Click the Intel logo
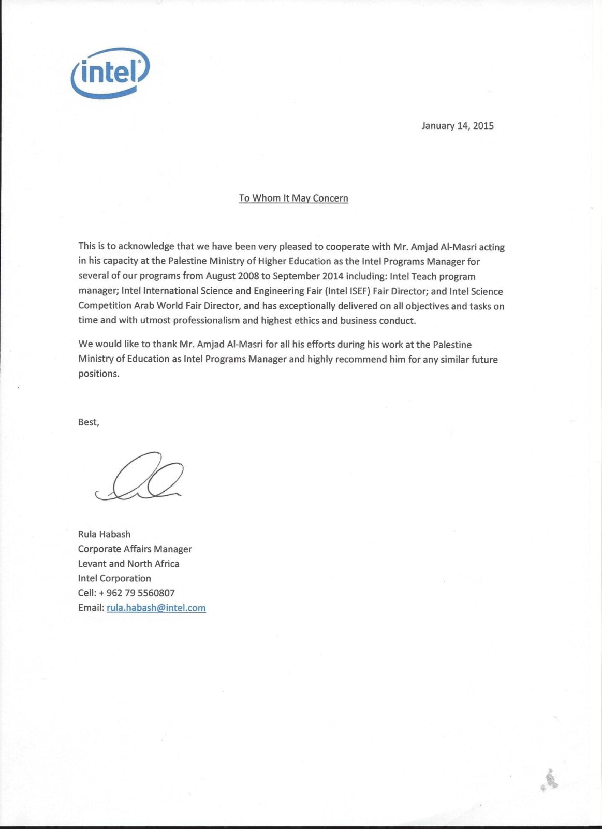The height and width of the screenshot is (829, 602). point(110,73)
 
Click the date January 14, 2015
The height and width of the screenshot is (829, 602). point(458,126)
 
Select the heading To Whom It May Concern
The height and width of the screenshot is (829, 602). point(293,198)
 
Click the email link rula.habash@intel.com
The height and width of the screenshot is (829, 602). point(156,608)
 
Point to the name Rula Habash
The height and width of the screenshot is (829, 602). point(104,534)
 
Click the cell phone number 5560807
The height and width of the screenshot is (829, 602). point(156,593)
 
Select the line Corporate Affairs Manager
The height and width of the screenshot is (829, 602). point(135,549)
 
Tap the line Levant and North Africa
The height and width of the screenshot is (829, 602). point(128,564)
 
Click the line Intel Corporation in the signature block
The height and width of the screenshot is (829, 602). point(114,578)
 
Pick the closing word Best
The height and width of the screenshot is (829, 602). point(88,422)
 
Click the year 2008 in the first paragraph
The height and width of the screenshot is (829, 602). point(248,276)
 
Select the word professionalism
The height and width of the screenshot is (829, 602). point(207,321)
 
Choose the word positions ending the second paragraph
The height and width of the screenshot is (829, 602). point(98,374)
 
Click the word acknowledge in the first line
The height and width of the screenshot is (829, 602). point(146,247)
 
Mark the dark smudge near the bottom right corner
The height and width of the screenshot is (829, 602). point(550,780)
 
